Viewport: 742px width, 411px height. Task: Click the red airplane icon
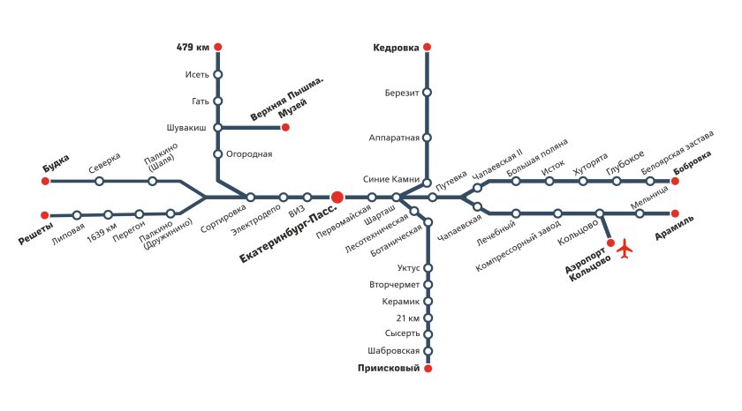pyautogui.click(x=625, y=249)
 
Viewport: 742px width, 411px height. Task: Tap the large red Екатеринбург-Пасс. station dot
pyautogui.click(x=337, y=197)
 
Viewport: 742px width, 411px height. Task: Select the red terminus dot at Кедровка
pyautogui.click(x=427, y=47)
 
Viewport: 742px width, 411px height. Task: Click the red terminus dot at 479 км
pyautogui.click(x=217, y=47)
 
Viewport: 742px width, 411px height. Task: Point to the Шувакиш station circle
pyautogui.click(x=217, y=128)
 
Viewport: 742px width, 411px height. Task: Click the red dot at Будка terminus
pyautogui.click(x=45, y=181)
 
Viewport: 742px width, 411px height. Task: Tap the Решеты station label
pyautogui.click(x=35, y=234)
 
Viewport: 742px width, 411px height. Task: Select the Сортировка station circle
pyautogui.click(x=250, y=197)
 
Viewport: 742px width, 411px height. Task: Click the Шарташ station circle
pyautogui.click(x=396, y=197)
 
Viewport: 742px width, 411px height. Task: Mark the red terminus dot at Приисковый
pyautogui.click(x=428, y=369)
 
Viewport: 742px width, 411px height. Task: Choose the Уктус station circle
pyautogui.click(x=428, y=268)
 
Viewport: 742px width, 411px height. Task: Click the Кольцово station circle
pyautogui.click(x=600, y=213)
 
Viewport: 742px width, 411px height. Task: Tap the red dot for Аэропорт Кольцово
pyautogui.click(x=610, y=243)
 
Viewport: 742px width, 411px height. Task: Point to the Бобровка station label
pyautogui.click(x=693, y=163)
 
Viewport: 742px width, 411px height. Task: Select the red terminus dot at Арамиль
pyautogui.click(x=675, y=213)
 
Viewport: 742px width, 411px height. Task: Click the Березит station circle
pyautogui.click(x=427, y=93)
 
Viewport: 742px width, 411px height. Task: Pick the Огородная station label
pyautogui.click(x=249, y=154)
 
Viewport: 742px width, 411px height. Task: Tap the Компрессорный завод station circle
pyautogui.click(x=558, y=213)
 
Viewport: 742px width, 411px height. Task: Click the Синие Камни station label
pyautogui.click(x=391, y=179)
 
